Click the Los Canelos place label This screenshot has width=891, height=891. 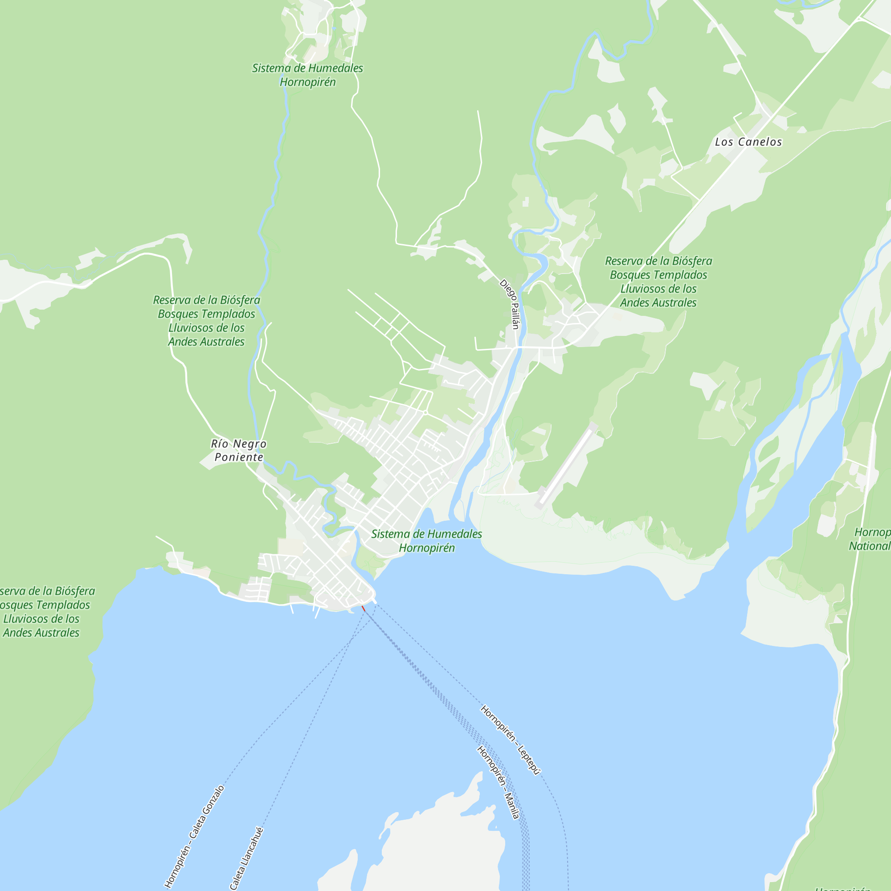pyautogui.click(x=748, y=142)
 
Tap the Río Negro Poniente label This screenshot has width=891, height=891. pyautogui.click(x=238, y=450)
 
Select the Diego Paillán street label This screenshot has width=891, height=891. pyautogui.click(x=510, y=304)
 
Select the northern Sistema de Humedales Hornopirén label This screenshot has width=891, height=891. pyautogui.click(x=307, y=75)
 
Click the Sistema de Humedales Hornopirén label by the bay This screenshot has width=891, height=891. pyautogui.click(x=426, y=541)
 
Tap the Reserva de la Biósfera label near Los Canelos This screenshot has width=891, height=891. pyautogui.click(x=658, y=282)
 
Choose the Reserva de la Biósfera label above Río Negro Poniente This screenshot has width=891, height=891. pyautogui.click(x=206, y=321)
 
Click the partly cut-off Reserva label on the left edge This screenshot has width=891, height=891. pyautogui.click(x=44, y=612)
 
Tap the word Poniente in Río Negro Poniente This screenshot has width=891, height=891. pyautogui.click(x=239, y=458)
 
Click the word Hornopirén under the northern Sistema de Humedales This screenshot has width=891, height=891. pyautogui.click(x=307, y=82)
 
